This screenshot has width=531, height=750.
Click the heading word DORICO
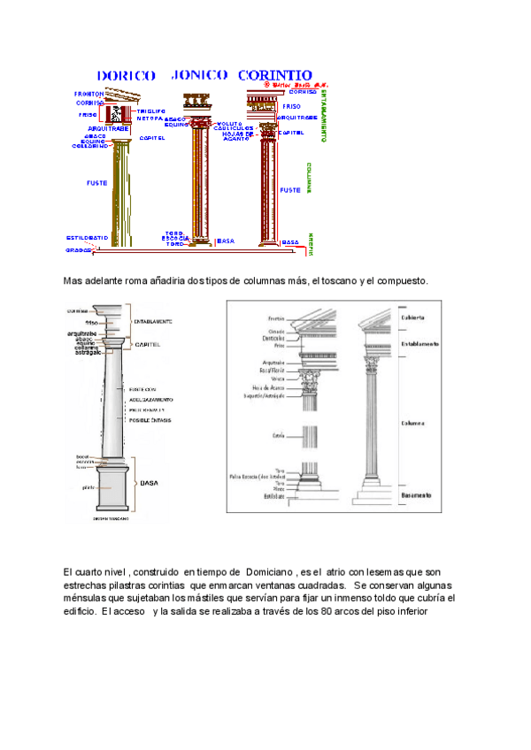[127, 75]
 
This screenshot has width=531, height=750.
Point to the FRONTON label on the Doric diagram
[89, 93]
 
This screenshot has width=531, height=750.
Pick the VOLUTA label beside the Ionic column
[229, 123]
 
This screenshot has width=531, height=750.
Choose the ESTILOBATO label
[87, 237]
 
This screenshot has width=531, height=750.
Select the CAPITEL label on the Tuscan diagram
[148, 344]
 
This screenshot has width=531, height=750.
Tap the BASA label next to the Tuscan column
[149, 484]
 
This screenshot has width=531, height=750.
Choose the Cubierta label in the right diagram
[413, 317]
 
